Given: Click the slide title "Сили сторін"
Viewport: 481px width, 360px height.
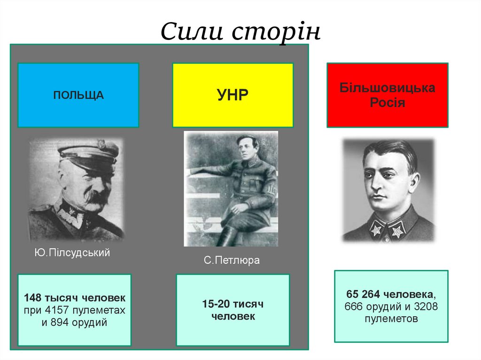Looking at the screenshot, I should point(240,32).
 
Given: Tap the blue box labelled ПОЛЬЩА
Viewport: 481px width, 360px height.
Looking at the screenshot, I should point(78,95).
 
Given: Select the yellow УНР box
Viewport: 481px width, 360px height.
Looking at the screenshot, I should point(233,95).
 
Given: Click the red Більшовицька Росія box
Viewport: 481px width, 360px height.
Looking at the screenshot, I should point(388,95).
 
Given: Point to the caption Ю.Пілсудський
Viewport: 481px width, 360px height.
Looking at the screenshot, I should point(72,253).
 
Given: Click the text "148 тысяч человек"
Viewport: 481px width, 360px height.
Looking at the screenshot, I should point(75,298).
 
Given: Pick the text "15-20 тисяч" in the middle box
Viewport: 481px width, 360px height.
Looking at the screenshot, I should point(233,304).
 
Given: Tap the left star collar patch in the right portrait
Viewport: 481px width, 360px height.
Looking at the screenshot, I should point(376,230).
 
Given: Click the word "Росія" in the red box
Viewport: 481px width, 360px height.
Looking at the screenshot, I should point(388,103).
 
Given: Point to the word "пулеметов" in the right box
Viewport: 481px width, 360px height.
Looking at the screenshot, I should point(391,319).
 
